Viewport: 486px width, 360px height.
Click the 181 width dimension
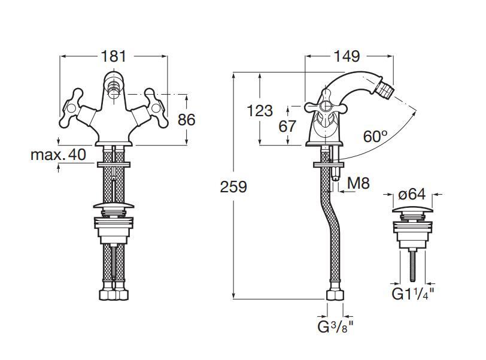(x=114, y=56)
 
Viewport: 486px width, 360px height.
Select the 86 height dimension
(x=186, y=120)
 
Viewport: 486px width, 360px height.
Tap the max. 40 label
(x=59, y=155)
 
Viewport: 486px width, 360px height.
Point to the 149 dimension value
(x=347, y=56)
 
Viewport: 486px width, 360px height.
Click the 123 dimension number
(x=259, y=111)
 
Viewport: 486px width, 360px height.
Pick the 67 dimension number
(x=288, y=126)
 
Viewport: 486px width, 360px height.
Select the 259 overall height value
(x=233, y=187)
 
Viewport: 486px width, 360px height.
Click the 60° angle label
(x=375, y=137)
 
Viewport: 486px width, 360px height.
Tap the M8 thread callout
(x=359, y=183)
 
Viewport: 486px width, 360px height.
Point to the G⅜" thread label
(x=334, y=327)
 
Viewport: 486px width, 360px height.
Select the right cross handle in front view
(x=156, y=107)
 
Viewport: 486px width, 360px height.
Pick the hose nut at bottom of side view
(x=335, y=295)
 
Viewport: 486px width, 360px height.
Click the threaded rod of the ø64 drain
(x=412, y=264)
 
